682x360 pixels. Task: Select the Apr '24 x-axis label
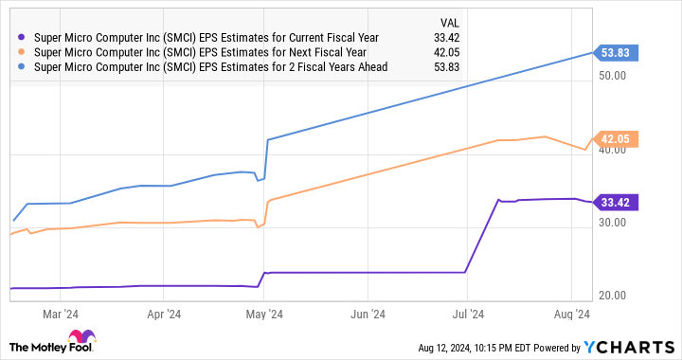[x=165, y=314]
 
